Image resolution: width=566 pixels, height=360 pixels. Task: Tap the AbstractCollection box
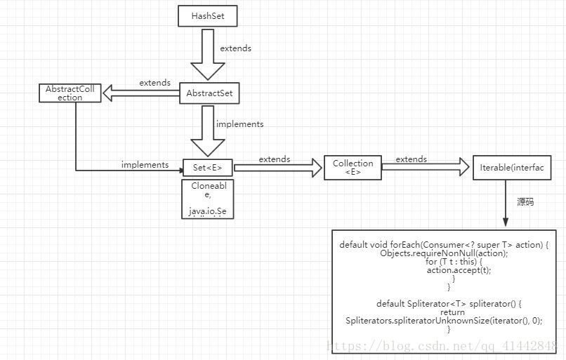click(x=70, y=93)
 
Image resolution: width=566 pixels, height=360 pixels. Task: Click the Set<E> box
click(x=207, y=168)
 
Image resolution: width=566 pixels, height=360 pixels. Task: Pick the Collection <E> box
click(x=353, y=168)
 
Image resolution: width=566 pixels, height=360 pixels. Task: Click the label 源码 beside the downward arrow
click(x=525, y=202)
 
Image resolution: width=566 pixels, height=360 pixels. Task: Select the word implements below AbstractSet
click(x=239, y=124)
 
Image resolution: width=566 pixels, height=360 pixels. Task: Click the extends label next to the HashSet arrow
click(x=235, y=49)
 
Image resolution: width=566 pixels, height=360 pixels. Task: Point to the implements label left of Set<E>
click(x=145, y=165)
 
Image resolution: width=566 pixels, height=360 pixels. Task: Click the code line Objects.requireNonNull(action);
click(x=444, y=253)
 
